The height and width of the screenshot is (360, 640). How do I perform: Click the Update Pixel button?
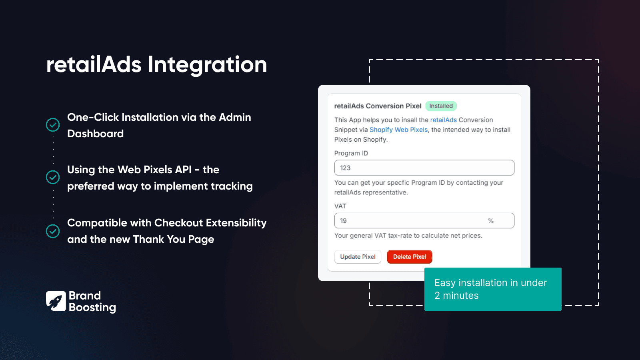click(358, 257)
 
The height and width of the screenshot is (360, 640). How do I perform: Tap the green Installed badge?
click(441, 106)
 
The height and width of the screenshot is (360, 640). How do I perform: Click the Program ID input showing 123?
click(424, 168)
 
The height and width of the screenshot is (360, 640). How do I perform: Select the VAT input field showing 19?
click(412, 221)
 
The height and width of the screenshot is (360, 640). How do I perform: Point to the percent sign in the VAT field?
click(491, 221)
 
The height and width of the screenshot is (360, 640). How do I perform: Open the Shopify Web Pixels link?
click(398, 130)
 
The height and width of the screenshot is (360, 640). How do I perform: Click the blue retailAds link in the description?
click(443, 120)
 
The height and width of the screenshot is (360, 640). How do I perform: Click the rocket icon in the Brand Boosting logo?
click(56, 301)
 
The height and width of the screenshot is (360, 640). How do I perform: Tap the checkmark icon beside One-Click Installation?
click(53, 125)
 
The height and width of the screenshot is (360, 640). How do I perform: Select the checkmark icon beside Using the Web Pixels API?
click(53, 177)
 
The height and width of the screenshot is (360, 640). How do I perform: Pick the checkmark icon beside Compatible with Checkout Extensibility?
click(53, 231)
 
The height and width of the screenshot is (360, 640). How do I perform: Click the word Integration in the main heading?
click(207, 65)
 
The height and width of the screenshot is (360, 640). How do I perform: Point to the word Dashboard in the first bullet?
click(95, 134)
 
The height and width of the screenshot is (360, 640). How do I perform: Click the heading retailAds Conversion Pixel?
click(378, 106)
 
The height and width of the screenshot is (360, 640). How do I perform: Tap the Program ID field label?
click(351, 153)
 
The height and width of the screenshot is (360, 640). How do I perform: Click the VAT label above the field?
click(340, 206)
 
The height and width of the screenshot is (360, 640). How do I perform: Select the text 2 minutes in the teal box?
click(456, 296)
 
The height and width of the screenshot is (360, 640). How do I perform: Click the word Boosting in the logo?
click(92, 308)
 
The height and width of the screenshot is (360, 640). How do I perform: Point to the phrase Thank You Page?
click(174, 240)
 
